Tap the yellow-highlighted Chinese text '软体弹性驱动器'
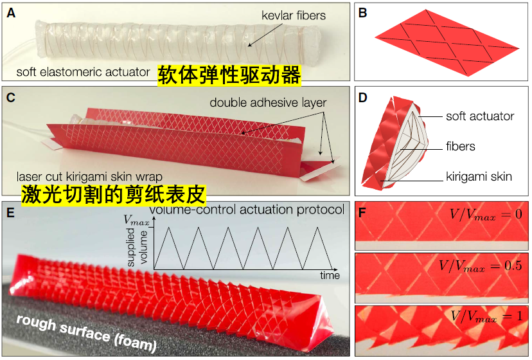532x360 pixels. point(229,75)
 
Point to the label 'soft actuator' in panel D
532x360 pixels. point(480,116)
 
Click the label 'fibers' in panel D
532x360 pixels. point(461,147)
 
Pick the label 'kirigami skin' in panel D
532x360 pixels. point(479,176)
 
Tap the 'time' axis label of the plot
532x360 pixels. point(330,274)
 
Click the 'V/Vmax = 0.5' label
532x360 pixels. point(481,265)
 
